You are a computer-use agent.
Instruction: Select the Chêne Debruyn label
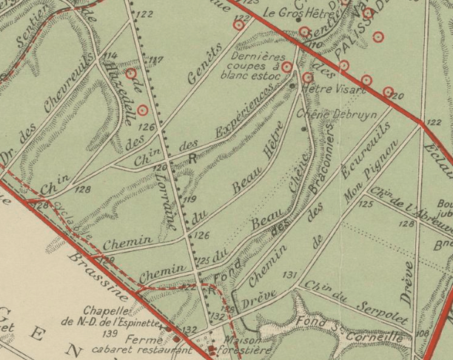click(326, 115)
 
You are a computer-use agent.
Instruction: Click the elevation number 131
click(289, 276)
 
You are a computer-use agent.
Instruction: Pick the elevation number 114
click(111, 56)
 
